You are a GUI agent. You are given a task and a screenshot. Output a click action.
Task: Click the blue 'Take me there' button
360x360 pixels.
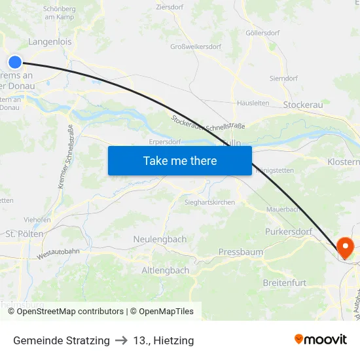coord(180,160)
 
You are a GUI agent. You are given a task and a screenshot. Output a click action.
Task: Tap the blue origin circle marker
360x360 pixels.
coord(15,62)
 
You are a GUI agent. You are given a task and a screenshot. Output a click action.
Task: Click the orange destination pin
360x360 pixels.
coord(344,248)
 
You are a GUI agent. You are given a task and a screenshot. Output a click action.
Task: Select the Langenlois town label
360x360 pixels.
coord(50,42)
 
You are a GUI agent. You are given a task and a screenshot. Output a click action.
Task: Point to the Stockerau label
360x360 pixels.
coord(303,105)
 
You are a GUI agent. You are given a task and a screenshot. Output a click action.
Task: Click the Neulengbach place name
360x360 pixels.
coord(160,240)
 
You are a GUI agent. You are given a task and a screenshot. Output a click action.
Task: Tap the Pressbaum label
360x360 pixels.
coord(240,252)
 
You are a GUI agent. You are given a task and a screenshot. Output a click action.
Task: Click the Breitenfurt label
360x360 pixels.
coord(284,282)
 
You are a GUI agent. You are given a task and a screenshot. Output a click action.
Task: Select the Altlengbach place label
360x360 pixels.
coord(166,270)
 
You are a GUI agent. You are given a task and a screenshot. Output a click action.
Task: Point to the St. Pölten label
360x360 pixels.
coord(24,234)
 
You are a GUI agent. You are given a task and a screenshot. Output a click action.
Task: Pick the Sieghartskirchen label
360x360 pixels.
coord(209,203)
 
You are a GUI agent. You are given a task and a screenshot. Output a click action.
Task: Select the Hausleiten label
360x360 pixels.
coord(253,103)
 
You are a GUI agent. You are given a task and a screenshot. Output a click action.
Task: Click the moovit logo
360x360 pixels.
coord(321,339)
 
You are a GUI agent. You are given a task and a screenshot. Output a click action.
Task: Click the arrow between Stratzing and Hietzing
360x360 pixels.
coord(121,340)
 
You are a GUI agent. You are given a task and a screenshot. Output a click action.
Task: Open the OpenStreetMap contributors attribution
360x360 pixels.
coord(70,312)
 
